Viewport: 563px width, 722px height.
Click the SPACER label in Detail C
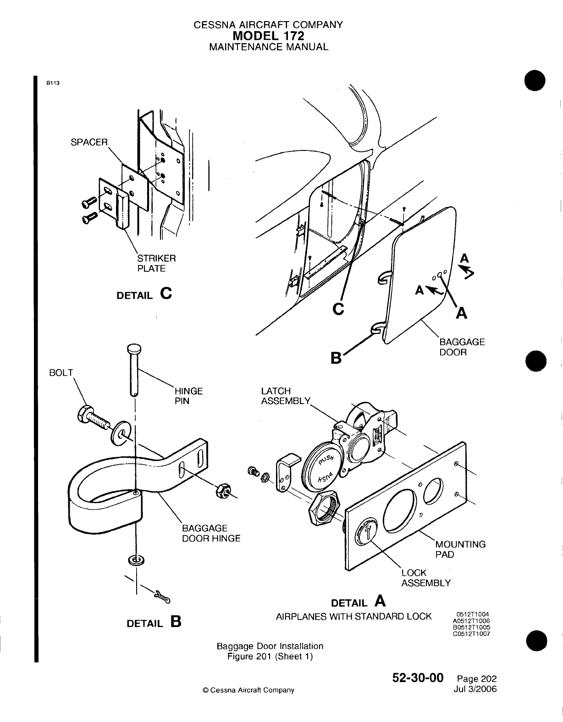coord(88,142)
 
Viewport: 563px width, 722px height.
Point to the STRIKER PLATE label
coord(156,263)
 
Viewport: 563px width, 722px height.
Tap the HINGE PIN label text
coord(188,396)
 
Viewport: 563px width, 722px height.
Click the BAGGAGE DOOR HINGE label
coord(211,533)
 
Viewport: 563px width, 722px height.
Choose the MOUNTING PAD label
coord(460,550)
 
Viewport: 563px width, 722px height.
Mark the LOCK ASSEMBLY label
coord(425,578)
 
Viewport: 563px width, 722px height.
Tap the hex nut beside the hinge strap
coord(223,491)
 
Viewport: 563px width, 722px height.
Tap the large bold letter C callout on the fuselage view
coord(337,309)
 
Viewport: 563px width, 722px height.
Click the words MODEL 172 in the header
coord(268,35)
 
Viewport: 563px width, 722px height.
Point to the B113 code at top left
coord(54,83)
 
